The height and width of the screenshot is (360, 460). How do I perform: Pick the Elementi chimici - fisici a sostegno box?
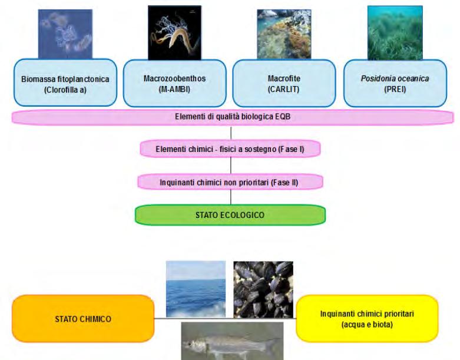(230, 149)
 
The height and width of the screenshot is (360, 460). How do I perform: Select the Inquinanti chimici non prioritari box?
(230, 182)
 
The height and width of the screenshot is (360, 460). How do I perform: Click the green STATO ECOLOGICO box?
(230, 215)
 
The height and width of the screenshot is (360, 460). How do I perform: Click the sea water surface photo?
(196, 289)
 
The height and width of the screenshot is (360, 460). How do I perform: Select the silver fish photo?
(231, 341)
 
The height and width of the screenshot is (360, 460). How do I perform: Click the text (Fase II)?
(286, 182)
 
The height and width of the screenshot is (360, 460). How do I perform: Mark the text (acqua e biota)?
(367, 324)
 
